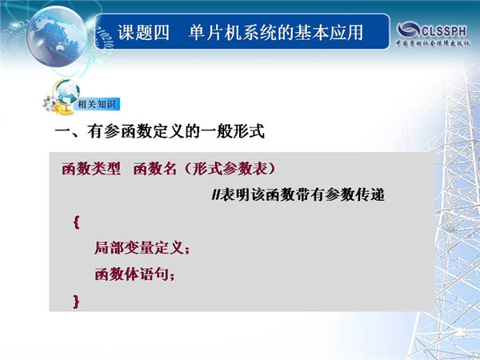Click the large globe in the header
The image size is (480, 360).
pyautogui.click(x=56, y=36)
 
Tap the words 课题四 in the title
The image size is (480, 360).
pyautogui.click(x=143, y=33)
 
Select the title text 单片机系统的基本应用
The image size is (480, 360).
pyautogui.click(x=276, y=33)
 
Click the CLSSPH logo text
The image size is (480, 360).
pyautogui.click(x=444, y=31)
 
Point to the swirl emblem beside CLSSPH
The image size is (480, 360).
pyautogui.click(x=408, y=30)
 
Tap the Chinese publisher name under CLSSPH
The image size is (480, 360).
pyautogui.click(x=433, y=43)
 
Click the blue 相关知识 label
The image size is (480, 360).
pyautogui.click(x=96, y=104)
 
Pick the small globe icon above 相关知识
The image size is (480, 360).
pyautogui.click(x=66, y=92)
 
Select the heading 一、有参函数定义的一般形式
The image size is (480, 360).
pyautogui.click(x=159, y=132)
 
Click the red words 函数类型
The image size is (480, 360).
pyautogui.click(x=91, y=168)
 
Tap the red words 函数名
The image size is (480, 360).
pyautogui.click(x=155, y=168)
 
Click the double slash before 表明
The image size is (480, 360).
pyautogui.click(x=216, y=194)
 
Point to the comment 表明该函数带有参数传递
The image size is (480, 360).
pyautogui.click(x=302, y=194)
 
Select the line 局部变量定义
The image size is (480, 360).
pyautogui.click(x=138, y=248)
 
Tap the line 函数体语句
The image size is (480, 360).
pyautogui.click(x=131, y=274)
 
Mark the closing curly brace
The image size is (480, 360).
pyautogui.click(x=76, y=302)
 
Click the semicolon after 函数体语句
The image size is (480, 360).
pyautogui.click(x=172, y=276)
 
